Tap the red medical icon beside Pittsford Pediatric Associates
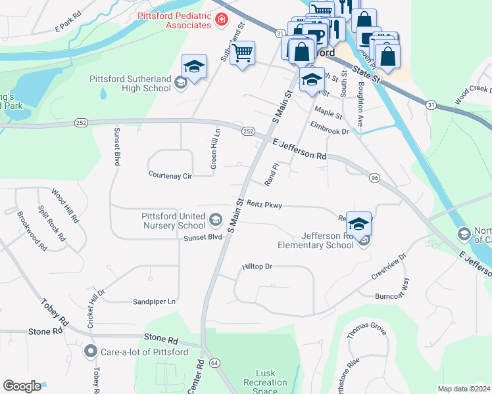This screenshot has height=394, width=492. tap(222, 20)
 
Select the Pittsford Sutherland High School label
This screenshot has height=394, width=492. tap(130, 83)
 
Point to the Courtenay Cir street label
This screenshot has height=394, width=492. tap(170, 176)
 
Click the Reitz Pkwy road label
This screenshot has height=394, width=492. tap(264, 205)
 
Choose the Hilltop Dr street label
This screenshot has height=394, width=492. tap(257, 267)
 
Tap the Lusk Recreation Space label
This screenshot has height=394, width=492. tap(265, 382)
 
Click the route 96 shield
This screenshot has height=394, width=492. tap(375, 178)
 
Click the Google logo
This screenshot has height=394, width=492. tap(22, 386)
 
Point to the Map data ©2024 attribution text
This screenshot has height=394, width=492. tap(463, 389)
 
